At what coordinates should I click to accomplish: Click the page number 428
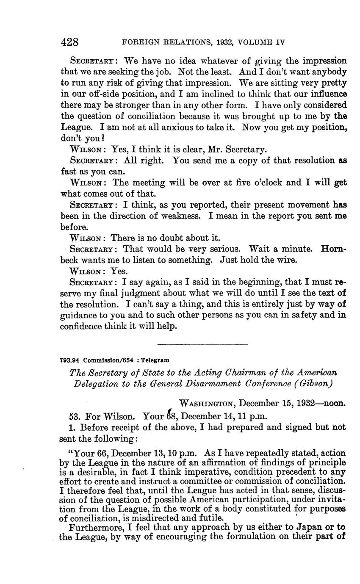tap(70, 42)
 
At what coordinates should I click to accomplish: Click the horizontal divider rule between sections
tap(202, 343)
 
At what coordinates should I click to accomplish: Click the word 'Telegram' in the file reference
tap(155, 360)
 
